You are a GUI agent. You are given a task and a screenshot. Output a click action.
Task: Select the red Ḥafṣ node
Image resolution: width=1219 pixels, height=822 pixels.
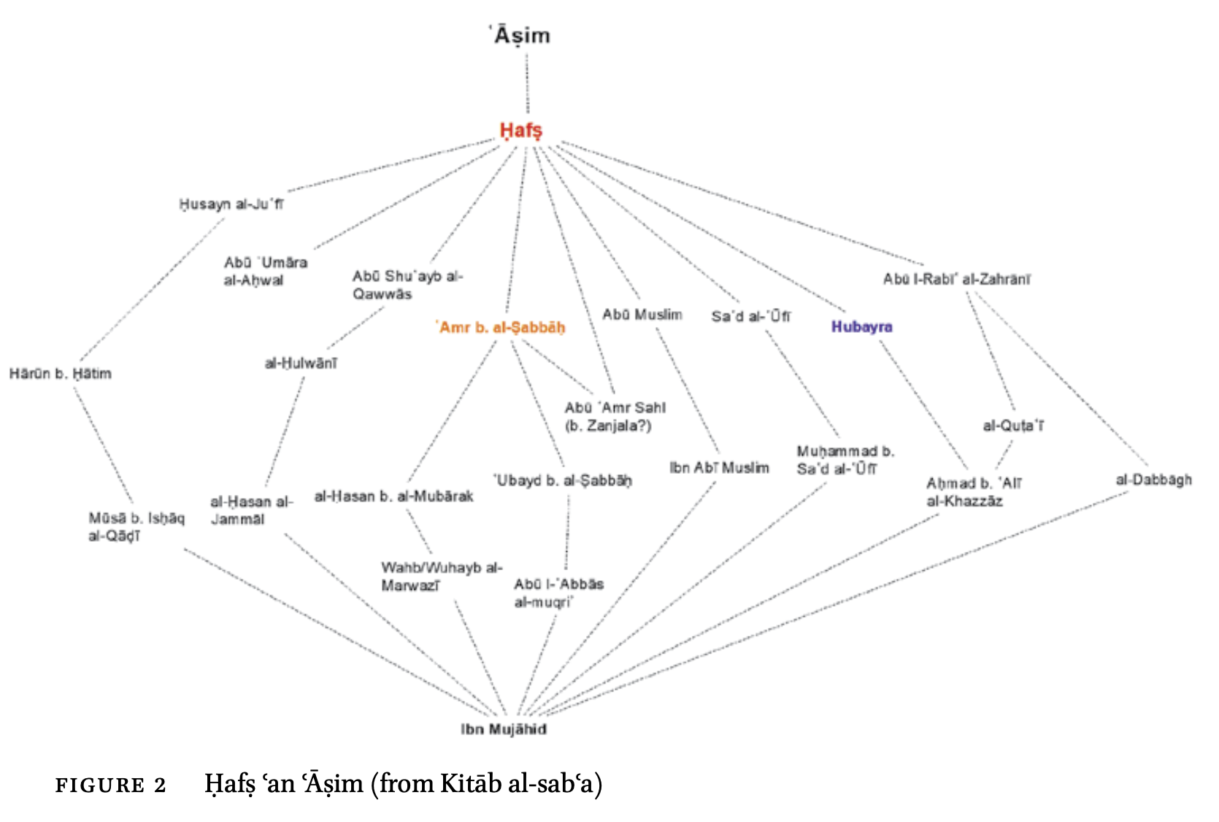point(520,131)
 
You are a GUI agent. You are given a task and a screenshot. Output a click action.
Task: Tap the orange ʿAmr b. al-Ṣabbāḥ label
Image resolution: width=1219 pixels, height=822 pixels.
point(502,328)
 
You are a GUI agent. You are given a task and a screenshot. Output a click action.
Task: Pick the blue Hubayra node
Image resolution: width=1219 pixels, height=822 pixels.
point(861,326)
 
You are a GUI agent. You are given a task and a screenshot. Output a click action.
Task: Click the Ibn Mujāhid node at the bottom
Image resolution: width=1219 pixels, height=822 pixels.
point(504,729)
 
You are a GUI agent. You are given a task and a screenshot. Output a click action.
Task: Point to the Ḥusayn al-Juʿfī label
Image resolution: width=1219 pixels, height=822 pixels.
point(231,204)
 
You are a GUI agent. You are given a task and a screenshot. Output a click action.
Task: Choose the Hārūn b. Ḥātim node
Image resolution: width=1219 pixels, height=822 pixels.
point(61,374)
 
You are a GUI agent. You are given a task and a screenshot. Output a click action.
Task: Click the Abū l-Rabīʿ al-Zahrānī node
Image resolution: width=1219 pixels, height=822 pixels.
point(956,279)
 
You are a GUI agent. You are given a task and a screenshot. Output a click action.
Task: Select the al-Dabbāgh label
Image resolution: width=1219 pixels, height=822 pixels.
point(1153,480)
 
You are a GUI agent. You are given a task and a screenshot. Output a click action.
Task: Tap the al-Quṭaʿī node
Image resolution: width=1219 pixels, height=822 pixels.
point(1013,426)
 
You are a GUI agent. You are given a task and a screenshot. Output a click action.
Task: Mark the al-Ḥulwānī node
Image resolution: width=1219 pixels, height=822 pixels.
point(301,363)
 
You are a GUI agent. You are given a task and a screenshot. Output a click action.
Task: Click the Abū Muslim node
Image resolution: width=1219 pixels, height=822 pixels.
point(642,315)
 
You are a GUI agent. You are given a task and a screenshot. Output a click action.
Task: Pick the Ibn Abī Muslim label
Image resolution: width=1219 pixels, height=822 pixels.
point(719,468)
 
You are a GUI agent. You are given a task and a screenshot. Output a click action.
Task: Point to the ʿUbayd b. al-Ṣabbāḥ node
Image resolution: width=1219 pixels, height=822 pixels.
point(563,480)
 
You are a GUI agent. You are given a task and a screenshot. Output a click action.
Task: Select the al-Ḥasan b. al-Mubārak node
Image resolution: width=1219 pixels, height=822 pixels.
point(393,496)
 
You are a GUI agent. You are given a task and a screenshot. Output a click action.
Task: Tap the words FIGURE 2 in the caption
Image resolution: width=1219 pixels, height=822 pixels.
point(111,785)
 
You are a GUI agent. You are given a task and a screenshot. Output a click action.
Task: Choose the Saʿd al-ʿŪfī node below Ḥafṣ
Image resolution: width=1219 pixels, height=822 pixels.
point(750,316)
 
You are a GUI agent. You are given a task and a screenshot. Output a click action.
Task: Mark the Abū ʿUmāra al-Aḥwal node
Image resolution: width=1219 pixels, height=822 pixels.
point(266,271)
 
